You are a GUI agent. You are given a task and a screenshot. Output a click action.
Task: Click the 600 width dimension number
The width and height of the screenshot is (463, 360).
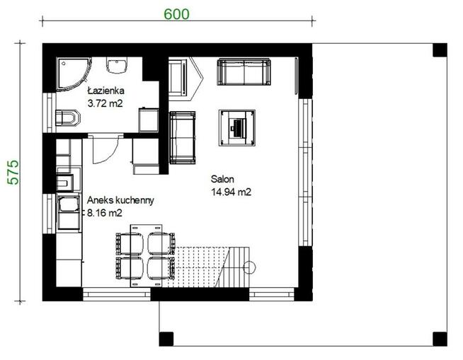[176, 14]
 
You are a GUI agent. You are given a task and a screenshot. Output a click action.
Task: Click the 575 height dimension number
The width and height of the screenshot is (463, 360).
[13, 173]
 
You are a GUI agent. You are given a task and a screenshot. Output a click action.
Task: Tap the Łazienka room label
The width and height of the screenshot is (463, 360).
[106, 91]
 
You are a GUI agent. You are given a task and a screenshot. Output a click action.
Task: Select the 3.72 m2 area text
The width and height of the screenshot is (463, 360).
[105, 103]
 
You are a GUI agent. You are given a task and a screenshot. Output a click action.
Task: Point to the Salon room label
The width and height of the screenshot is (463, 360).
[222, 179]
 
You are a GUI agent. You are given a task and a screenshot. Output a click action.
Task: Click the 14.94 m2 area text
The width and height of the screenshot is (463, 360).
[232, 192]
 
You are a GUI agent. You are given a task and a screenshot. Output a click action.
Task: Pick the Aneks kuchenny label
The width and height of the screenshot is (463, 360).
[120, 200]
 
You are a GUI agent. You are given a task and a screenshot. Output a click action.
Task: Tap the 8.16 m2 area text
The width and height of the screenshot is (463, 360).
[105, 213]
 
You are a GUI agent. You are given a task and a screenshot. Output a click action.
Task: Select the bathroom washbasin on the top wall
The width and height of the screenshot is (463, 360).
[117, 65]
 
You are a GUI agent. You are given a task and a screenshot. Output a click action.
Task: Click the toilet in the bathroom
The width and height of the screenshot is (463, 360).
[68, 117]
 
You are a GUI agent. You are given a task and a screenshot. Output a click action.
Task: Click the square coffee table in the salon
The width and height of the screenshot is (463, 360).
[237, 128]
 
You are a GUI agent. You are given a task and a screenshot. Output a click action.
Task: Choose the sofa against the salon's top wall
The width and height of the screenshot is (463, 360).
[244, 72]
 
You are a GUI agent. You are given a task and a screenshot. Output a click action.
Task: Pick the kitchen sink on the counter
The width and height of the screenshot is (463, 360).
[69, 204]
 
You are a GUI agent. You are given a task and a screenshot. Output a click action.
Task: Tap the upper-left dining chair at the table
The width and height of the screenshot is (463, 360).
[130, 244]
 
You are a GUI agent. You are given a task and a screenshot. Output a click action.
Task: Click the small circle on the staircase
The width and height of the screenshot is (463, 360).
[249, 267]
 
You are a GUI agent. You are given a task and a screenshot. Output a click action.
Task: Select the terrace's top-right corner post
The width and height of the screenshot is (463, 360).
[440, 50]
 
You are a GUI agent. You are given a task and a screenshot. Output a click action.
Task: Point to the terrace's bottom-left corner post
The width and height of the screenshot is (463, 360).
[166, 339]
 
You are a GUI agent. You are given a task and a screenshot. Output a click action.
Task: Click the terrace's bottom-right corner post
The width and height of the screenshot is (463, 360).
[440, 339]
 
